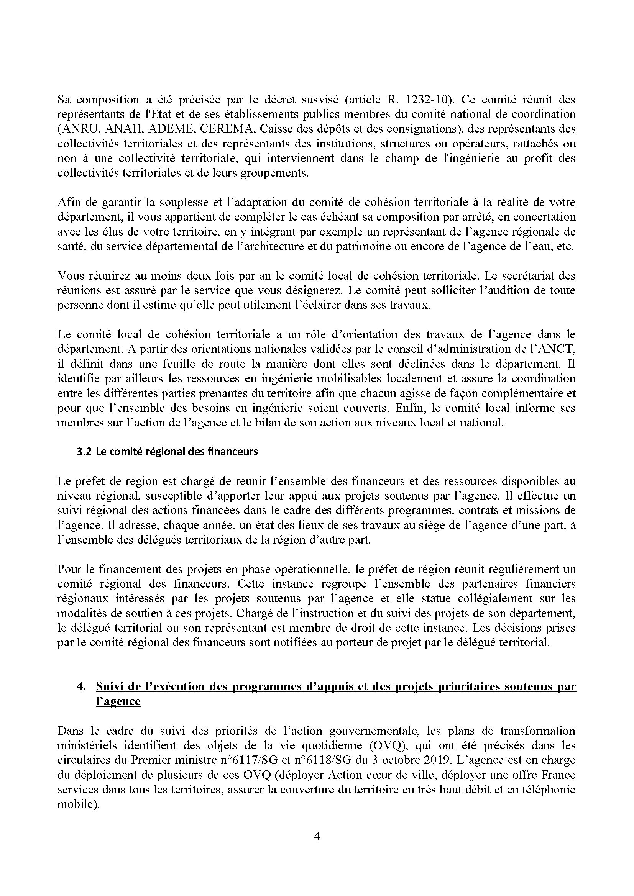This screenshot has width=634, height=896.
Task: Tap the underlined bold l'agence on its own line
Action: click(x=118, y=701)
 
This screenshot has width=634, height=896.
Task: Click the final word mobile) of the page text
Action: click(x=77, y=804)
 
